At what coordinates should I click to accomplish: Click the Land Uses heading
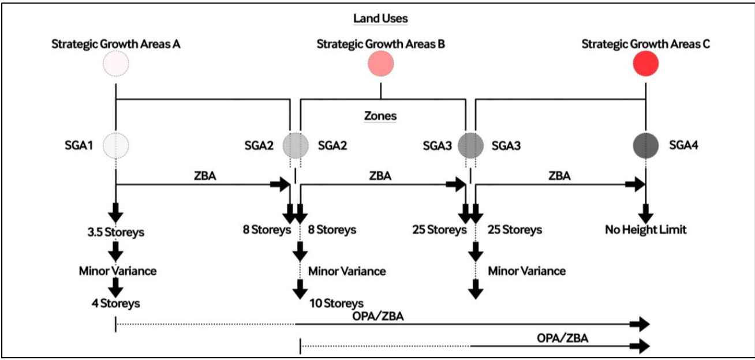[x=380, y=18]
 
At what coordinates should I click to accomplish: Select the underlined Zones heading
[x=380, y=116]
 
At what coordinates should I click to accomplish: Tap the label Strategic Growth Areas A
[x=116, y=44]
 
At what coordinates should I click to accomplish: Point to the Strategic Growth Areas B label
[x=380, y=44]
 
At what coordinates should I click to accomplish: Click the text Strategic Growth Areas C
[x=645, y=44]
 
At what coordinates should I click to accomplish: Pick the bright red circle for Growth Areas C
[x=645, y=63]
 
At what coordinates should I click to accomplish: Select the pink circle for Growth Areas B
[x=380, y=63]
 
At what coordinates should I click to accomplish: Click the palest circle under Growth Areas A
[x=116, y=63]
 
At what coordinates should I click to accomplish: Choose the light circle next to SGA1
[x=116, y=145]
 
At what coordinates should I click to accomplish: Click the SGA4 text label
[x=683, y=146]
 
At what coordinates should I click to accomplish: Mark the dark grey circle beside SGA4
[x=645, y=145]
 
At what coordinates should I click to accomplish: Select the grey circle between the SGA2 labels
[x=296, y=145]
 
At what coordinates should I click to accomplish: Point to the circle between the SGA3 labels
[x=470, y=145]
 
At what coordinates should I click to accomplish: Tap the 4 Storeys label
[x=116, y=302]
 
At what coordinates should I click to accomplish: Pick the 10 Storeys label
[x=336, y=303]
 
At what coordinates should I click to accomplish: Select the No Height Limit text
[x=645, y=230]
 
